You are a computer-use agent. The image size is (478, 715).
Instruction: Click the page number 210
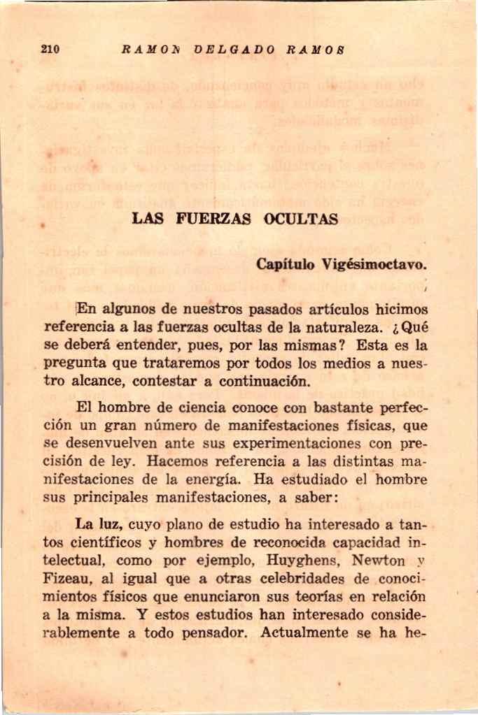point(50,50)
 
